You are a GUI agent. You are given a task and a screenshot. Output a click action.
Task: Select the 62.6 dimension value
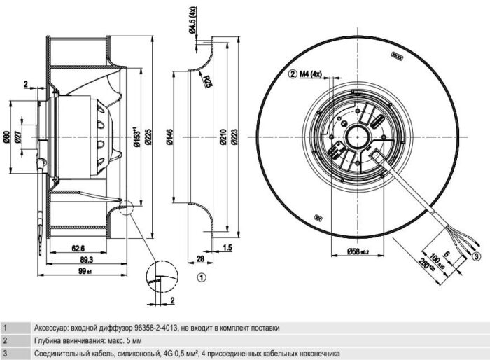78,247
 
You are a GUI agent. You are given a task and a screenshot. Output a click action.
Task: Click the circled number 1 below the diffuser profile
201,277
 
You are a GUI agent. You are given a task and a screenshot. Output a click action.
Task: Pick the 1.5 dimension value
228,247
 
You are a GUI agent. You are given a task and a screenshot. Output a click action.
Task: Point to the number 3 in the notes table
5,353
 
